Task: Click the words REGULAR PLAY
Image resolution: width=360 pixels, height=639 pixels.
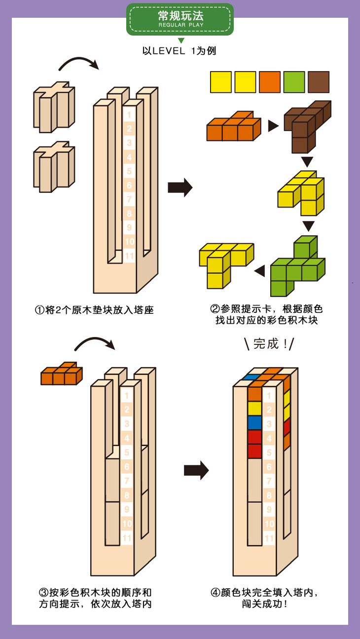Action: pyautogui.click(x=180, y=25)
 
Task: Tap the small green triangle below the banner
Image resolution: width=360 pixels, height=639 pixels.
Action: pyautogui.click(x=181, y=40)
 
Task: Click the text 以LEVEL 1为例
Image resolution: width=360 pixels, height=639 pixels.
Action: pyautogui.click(x=180, y=51)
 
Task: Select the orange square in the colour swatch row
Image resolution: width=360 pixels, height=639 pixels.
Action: pyautogui.click(x=270, y=82)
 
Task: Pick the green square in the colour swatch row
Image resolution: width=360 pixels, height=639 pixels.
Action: pyautogui.click(x=294, y=82)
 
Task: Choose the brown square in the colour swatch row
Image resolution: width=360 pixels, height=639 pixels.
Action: pyautogui.click(x=319, y=82)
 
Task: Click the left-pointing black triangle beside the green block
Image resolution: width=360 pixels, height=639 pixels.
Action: pyautogui.click(x=259, y=270)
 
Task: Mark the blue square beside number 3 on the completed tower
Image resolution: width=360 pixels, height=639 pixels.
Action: pyautogui.click(x=254, y=423)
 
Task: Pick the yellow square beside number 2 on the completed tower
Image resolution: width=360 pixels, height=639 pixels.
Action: pyautogui.click(x=254, y=409)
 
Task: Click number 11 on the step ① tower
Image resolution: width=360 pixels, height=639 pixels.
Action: pyautogui.click(x=129, y=256)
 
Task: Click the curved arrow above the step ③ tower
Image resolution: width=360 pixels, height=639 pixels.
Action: pyautogui.click(x=94, y=343)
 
